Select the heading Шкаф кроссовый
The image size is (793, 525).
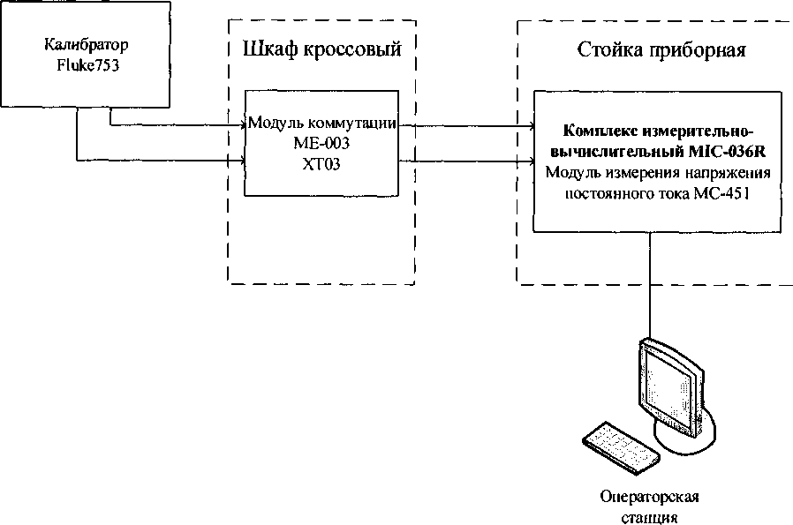tap(321, 49)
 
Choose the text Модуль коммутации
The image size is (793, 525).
tap(321, 122)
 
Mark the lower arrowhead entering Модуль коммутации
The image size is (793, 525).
tap(240, 161)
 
